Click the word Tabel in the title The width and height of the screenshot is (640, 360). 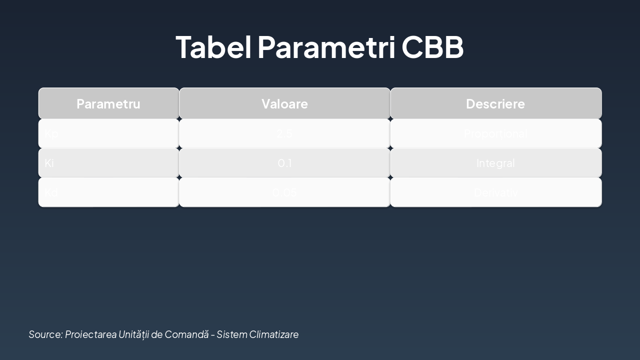(214, 47)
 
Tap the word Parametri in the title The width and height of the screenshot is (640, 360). (327, 47)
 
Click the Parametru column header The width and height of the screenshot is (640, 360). (108, 103)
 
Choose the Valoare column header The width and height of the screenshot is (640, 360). (284, 103)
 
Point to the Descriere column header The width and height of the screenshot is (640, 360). (495, 103)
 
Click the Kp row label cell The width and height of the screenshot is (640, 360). (108, 133)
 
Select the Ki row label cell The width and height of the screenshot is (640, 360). (108, 163)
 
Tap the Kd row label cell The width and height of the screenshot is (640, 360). (108, 192)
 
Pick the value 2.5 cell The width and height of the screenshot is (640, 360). (284, 133)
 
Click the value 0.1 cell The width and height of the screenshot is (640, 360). (284, 163)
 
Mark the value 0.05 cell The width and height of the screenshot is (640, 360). (284, 192)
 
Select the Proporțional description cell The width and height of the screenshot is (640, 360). (495, 133)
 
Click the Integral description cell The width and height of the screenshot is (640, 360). (495, 163)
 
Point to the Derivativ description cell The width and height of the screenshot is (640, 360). (495, 192)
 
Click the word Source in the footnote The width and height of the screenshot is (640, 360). (45, 334)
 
